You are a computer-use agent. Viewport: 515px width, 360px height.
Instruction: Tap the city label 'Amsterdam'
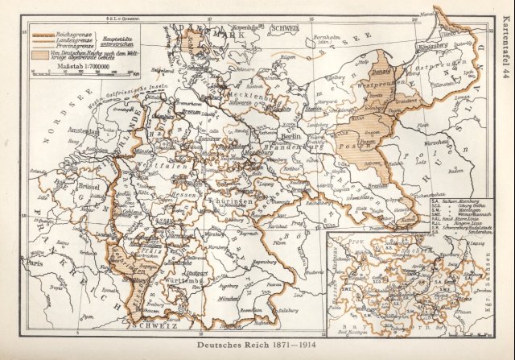tap(83, 130)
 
